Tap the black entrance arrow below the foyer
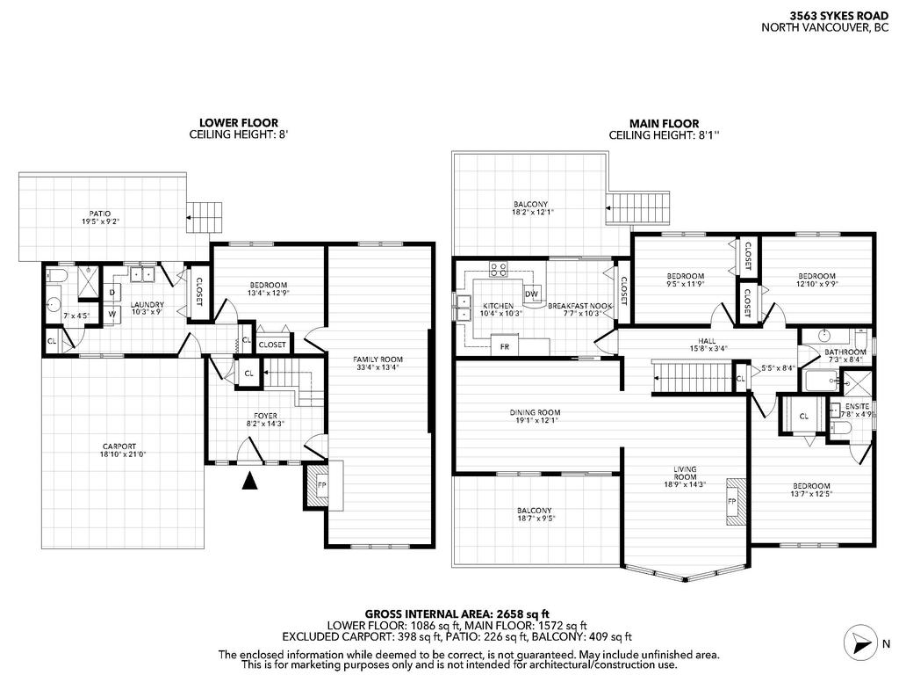point(250,480)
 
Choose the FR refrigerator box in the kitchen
point(505,346)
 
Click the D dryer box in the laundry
point(112,292)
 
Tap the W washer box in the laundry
point(112,313)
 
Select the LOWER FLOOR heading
point(227,123)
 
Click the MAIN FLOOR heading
point(664,123)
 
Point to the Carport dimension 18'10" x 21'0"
point(124,455)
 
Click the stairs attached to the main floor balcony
point(637,209)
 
